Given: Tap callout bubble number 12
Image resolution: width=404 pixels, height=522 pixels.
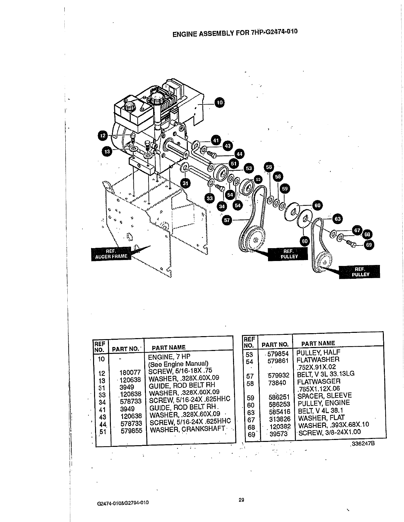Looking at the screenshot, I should click(x=103, y=135).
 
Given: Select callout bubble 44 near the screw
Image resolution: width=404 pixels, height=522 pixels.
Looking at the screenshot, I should click(x=239, y=154).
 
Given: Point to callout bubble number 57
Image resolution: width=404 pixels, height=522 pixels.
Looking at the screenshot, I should click(x=227, y=220).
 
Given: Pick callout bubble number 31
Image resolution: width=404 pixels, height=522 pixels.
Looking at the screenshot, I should click(x=186, y=183).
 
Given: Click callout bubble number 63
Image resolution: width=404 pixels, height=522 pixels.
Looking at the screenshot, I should click(x=338, y=218).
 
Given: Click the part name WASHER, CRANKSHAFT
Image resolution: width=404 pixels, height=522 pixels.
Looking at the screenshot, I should click(x=187, y=429).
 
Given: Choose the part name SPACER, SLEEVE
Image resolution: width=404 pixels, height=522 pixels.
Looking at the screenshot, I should click(x=324, y=395).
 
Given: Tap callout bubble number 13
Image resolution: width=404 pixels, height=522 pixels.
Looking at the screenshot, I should click(x=107, y=151).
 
